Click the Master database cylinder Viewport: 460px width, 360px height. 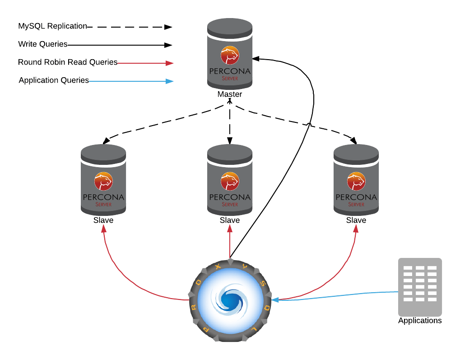(x=230, y=54)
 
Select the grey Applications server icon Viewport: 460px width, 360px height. (x=420, y=287)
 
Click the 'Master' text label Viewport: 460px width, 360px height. (x=230, y=94)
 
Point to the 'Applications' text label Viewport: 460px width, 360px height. (x=420, y=321)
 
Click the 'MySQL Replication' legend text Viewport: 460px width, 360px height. (x=52, y=26)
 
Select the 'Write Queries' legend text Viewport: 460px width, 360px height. (x=43, y=44)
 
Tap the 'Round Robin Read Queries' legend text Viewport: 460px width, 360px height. (x=68, y=62)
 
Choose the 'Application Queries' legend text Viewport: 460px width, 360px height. (x=54, y=80)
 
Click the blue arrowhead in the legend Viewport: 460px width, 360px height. (x=169, y=81)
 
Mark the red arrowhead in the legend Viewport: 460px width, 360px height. (x=169, y=63)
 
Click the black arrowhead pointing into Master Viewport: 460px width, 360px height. (x=256, y=59)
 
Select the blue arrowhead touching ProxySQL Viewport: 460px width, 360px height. (x=275, y=299)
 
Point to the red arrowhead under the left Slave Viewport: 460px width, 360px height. (x=104, y=229)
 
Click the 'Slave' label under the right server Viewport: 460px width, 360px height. (x=356, y=220)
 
